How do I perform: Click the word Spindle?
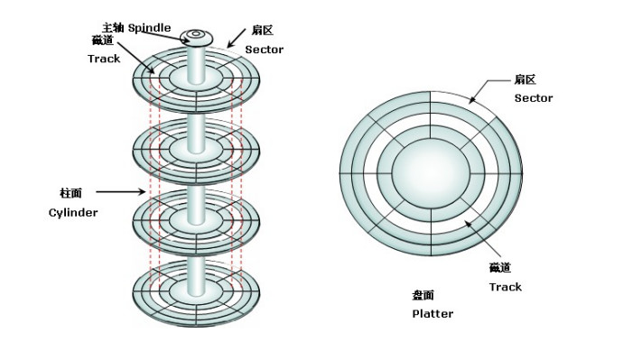pos(149,28)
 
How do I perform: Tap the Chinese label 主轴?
pos(113,28)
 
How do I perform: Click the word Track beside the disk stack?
pos(104,59)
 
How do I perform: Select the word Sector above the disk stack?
pos(264,50)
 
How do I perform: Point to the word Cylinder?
pos(73,213)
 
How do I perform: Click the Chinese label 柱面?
pos(70,193)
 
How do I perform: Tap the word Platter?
pos(433,314)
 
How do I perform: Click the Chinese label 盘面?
pos(423,295)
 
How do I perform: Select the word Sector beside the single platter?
pos(534,98)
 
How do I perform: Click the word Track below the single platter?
pos(506,287)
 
